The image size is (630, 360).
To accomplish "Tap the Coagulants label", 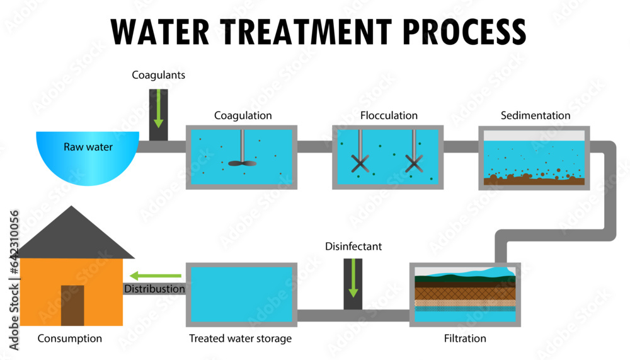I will coord(158,75).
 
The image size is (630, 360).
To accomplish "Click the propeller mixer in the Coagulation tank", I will coord(242,162).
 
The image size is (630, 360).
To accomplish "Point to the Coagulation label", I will coord(243,115).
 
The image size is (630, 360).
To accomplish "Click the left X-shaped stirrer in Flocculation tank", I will coord(359,163).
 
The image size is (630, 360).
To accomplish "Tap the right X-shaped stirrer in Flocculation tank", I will coord(413,163).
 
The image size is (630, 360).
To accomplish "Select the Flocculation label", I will coord(389,115).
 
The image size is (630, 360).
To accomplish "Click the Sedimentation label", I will coord(535,115).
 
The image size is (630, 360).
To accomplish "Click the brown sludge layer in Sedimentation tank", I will coord(534,180).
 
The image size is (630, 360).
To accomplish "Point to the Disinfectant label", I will coord(353,247).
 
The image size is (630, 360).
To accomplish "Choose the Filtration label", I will coord(465,339).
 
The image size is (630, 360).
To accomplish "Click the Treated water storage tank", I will coord(241,294).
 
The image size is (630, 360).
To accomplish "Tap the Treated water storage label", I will coord(241,339).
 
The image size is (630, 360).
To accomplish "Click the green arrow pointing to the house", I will coord(156,276).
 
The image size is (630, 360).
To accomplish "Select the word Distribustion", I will coord(155,289).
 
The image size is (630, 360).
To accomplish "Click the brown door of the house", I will coord(72,305).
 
